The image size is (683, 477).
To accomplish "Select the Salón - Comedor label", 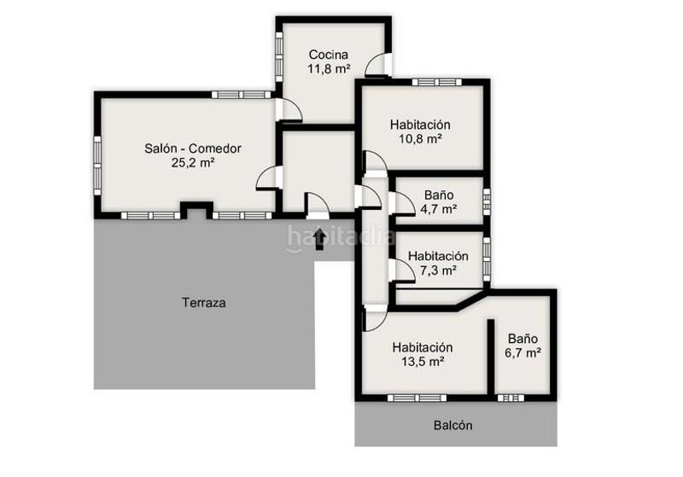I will (193, 148).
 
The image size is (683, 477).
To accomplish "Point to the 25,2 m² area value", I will (193, 163).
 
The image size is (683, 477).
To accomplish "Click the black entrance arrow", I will (320, 238).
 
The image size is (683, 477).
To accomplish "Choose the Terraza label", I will (204, 302).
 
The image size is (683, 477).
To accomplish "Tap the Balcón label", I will (452, 425).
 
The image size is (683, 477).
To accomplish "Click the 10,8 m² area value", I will (420, 138).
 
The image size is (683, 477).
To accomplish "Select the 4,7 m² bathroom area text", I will (439, 208).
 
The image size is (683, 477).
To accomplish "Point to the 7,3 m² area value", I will (438, 270).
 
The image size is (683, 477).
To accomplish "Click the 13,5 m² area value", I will (422, 362).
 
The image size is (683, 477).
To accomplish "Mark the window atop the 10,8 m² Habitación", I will (436, 83).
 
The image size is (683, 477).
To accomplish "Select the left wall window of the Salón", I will (97, 164).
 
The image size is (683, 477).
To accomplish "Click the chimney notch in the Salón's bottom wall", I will (198, 209).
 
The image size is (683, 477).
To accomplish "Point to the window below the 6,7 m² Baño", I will (511, 398).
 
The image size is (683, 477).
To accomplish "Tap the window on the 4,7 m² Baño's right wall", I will (487, 201).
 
